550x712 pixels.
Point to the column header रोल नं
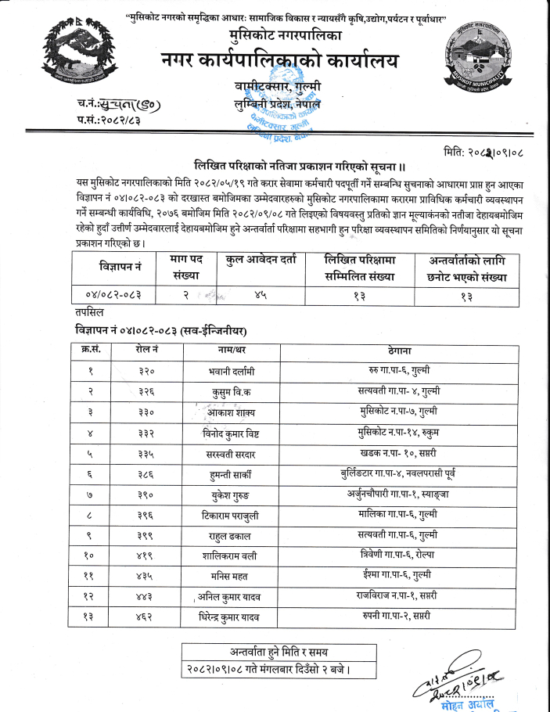pos(145,349)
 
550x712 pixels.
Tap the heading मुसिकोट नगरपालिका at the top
pos(275,37)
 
